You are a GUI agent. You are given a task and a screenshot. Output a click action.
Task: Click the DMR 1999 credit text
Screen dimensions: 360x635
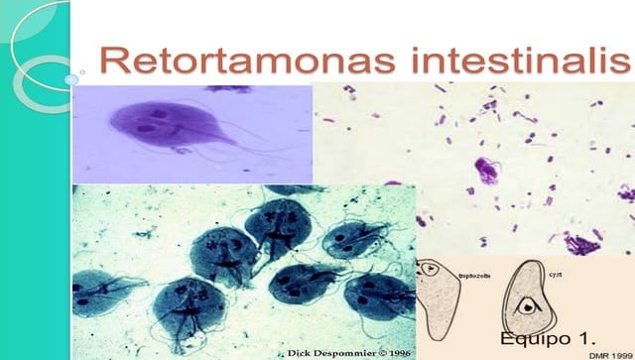609,353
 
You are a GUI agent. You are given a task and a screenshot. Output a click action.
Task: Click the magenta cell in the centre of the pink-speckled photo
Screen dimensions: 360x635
485,169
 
